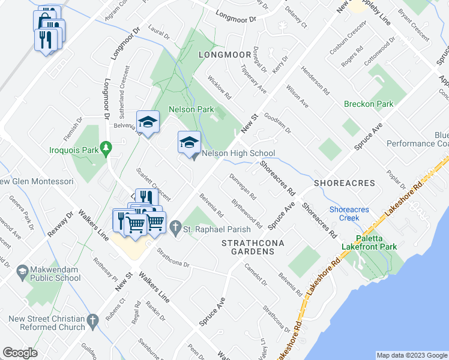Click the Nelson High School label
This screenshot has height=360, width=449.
tap(238, 154)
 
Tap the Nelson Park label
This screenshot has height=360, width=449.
tap(191, 110)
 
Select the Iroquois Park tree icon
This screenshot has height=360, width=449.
tap(106, 147)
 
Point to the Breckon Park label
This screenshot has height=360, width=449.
tap(369, 104)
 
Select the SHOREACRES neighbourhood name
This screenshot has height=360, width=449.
tap(344, 183)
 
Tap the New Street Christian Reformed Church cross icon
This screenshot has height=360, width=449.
tap(92, 322)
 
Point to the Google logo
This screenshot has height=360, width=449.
tap(20, 353)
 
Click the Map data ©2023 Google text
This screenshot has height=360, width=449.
tap(411, 355)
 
